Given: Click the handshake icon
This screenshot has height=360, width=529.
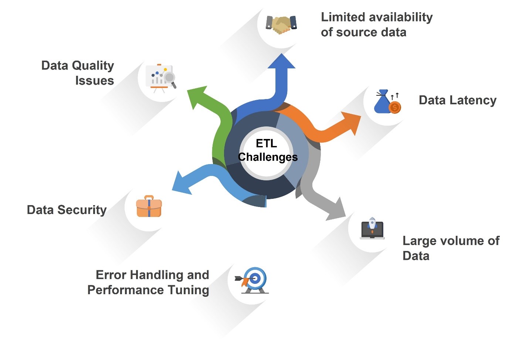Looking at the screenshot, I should (281, 24).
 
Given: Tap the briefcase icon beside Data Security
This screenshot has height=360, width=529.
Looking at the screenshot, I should (149, 207).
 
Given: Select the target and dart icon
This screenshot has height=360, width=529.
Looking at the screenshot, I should (253, 280).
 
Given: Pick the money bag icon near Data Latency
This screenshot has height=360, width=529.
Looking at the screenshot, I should (387, 102).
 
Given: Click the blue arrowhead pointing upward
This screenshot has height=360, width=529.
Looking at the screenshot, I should (282, 62).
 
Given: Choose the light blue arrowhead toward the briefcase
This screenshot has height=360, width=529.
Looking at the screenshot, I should (181, 183).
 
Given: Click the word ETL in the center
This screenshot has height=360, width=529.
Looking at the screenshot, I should (266, 143).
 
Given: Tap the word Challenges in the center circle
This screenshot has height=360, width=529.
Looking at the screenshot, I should (268, 157).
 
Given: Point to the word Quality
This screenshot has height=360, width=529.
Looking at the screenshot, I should (93, 66).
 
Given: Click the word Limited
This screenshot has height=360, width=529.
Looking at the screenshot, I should (343, 17).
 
